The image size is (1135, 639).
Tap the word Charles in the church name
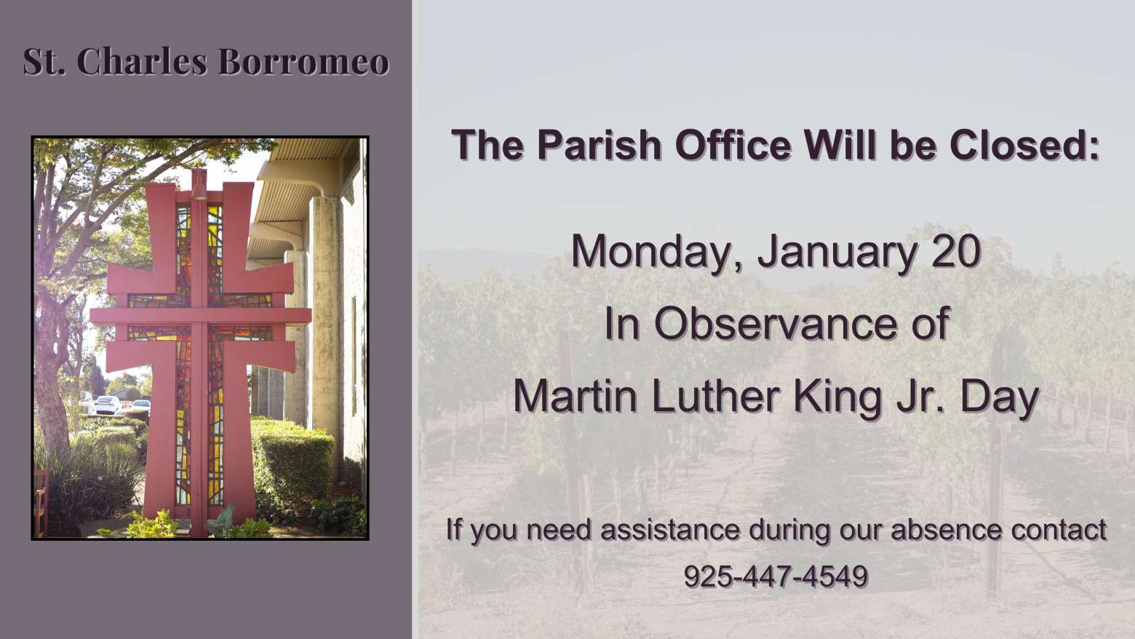[142, 62]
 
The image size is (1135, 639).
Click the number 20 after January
[955, 251]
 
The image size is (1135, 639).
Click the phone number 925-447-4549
[776, 576]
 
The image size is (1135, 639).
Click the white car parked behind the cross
[108, 405]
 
